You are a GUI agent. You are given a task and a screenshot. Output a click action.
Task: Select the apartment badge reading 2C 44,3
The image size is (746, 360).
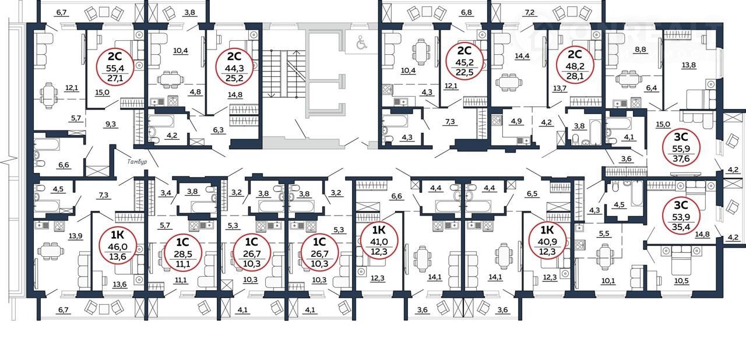pyautogui.click(x=234, y=66)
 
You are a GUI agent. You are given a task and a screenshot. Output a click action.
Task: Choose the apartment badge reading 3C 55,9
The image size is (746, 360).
pyautogui.click(x=681, y=148)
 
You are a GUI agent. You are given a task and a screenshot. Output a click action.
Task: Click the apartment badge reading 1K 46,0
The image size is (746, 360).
pyautogui.click(x=118, y=246)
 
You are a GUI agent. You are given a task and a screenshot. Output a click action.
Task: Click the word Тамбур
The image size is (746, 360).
pyautogui.click(x=137, y=162)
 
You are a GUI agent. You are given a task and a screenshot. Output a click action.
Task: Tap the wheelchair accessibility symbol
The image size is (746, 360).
pyautogui.click(x=361, y=42)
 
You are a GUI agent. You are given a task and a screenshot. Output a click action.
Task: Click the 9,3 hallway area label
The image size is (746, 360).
pyautogui.click(x=111, y=124)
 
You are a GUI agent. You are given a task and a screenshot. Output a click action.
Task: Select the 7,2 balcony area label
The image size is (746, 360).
pyautogui.click(x=530, y=13)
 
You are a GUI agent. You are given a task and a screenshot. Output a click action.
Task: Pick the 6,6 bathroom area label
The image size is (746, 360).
pyautogui.click(x=64, y=165)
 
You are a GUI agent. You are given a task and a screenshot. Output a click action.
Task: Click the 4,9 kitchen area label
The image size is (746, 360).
pyautogui.click(x=516, y=121)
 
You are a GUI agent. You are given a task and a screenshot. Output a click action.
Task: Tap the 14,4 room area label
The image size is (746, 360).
pyautogui.click(x=522, y=57)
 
